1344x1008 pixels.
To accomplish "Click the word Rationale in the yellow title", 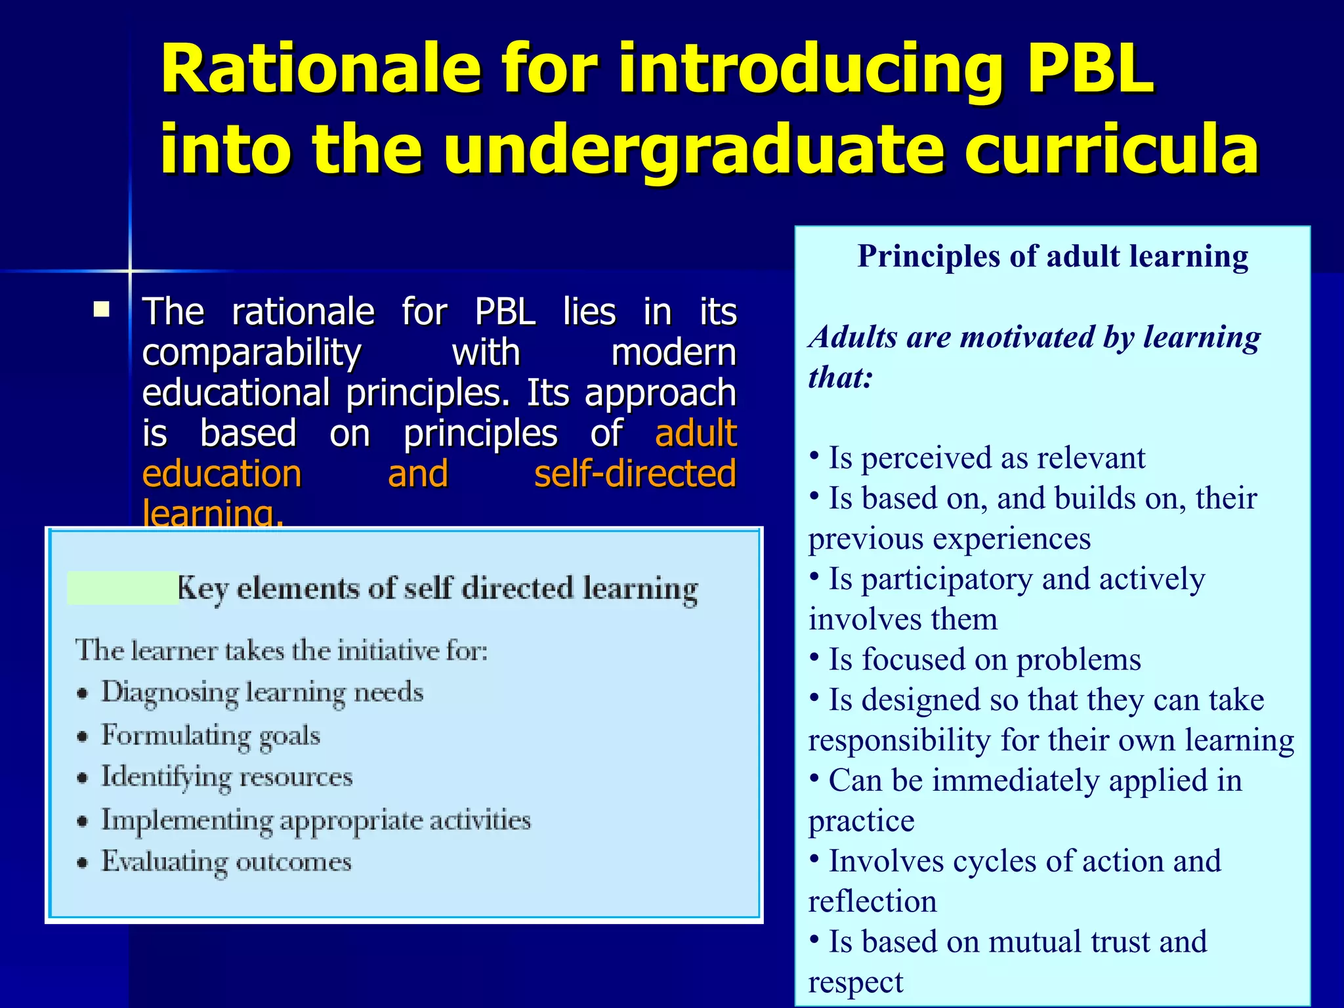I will [x=321, y=69].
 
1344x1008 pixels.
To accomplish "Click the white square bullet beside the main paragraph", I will [x=101, y=309].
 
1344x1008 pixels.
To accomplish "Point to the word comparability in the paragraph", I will [x=251, y=353].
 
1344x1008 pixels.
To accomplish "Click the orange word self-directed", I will [x=635, y=474].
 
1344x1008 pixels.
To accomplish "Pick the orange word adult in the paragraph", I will [x=696, y=434].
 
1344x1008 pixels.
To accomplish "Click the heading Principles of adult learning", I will [x=1053, y=256].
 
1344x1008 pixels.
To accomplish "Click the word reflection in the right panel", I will [x=872, y=902].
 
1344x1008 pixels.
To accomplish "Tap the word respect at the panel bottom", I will [x=856, y=982].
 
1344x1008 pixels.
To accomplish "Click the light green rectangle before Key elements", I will [x=123, y=587].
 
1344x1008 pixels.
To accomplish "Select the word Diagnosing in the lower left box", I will [x=169, y=693].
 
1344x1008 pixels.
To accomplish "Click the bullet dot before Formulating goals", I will [x=82, y=737].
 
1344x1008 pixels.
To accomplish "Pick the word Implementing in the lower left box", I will [x=186, y=821].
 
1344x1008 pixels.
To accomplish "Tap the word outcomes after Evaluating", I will [x=293, y=862].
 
